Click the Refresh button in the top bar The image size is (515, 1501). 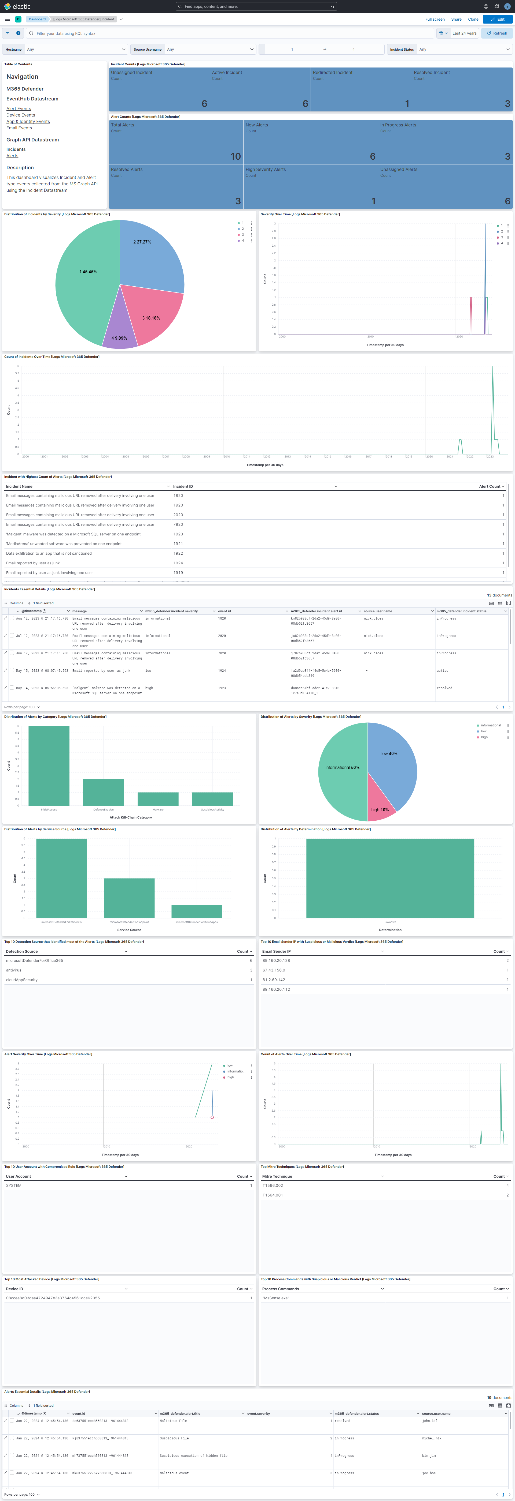coord(497,33)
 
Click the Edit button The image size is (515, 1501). coord(498,19)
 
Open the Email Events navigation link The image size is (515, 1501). coord(19,127)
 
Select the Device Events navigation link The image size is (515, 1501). coord(20,115)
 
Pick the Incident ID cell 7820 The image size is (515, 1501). coord(178,524)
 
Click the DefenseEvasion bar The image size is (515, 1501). coord(103,793)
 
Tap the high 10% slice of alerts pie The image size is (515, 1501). coord(380,804)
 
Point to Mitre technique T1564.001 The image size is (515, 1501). coord(272,1195)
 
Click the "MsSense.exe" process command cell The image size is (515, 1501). coord(276,1298)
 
